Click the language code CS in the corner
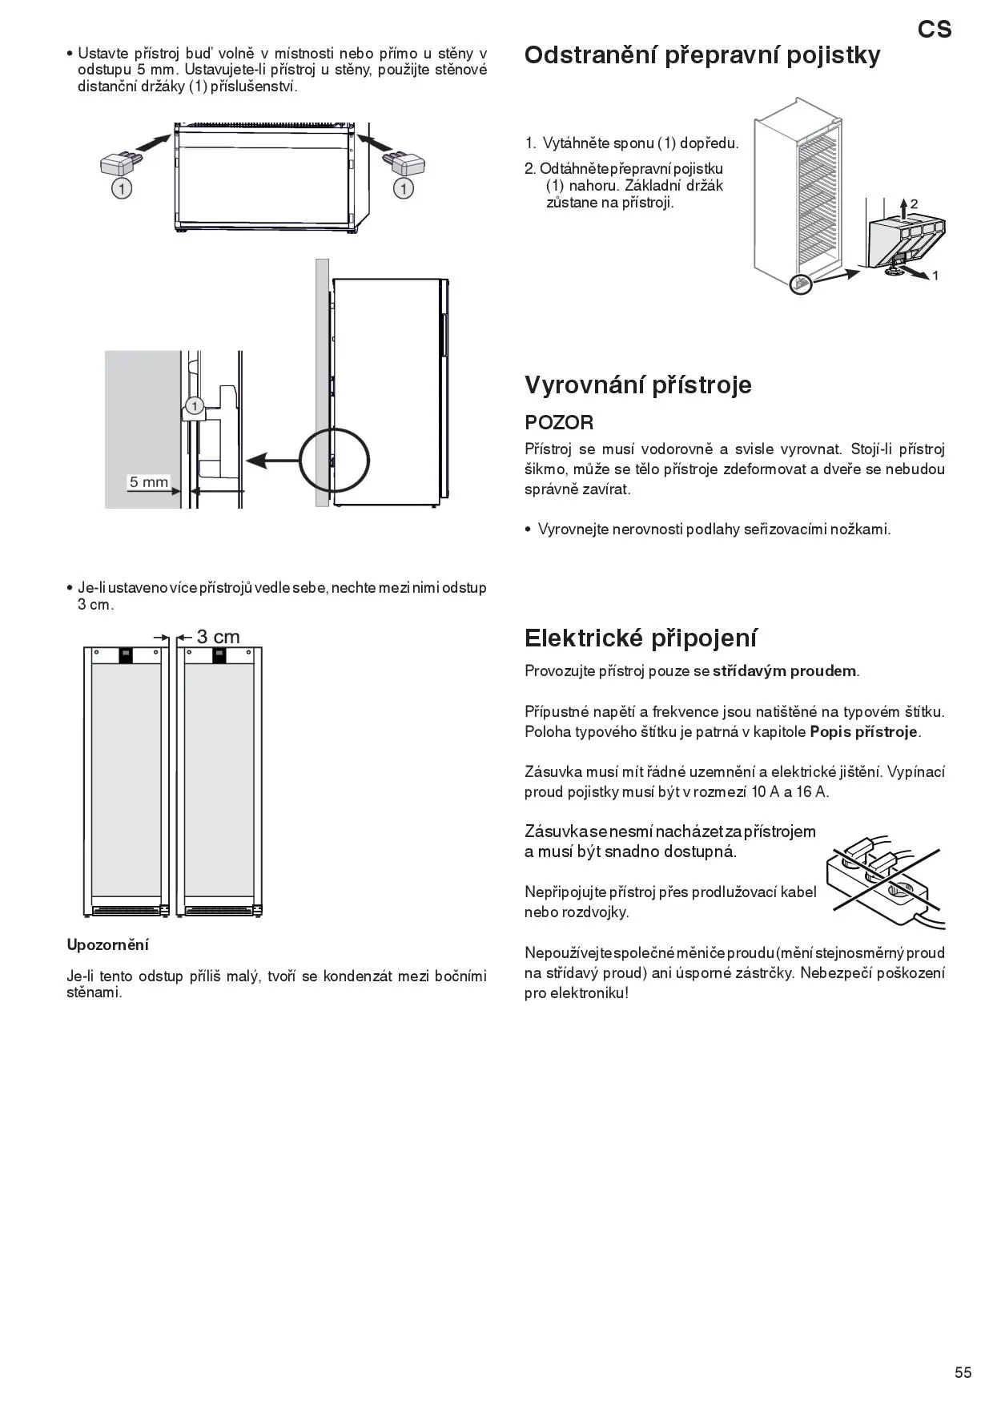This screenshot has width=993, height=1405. point(935,30)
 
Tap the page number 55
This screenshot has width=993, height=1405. point(963,1372)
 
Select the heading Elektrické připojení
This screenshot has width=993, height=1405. point(641,638)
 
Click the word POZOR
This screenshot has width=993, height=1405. point(559,422)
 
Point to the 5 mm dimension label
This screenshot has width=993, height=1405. point(149,482)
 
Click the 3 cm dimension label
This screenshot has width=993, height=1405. point(218,637)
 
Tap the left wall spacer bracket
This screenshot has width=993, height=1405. point(122,163)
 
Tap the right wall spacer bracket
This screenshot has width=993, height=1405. point(404,163)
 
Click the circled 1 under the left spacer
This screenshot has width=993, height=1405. point(121,189)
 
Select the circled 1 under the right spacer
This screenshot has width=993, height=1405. point(404,189)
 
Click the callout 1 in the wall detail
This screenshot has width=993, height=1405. point(193,405)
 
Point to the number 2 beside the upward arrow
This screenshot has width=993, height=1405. point(914,204)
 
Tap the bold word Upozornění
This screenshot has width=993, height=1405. point(107,945)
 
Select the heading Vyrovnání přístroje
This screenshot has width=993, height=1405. point(638,385)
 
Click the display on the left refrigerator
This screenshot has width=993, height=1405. point(126,655)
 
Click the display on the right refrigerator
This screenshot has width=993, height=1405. point(219,655)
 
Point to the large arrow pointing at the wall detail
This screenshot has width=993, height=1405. point(271,461)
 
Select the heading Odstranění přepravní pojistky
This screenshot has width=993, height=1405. point(702,55)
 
